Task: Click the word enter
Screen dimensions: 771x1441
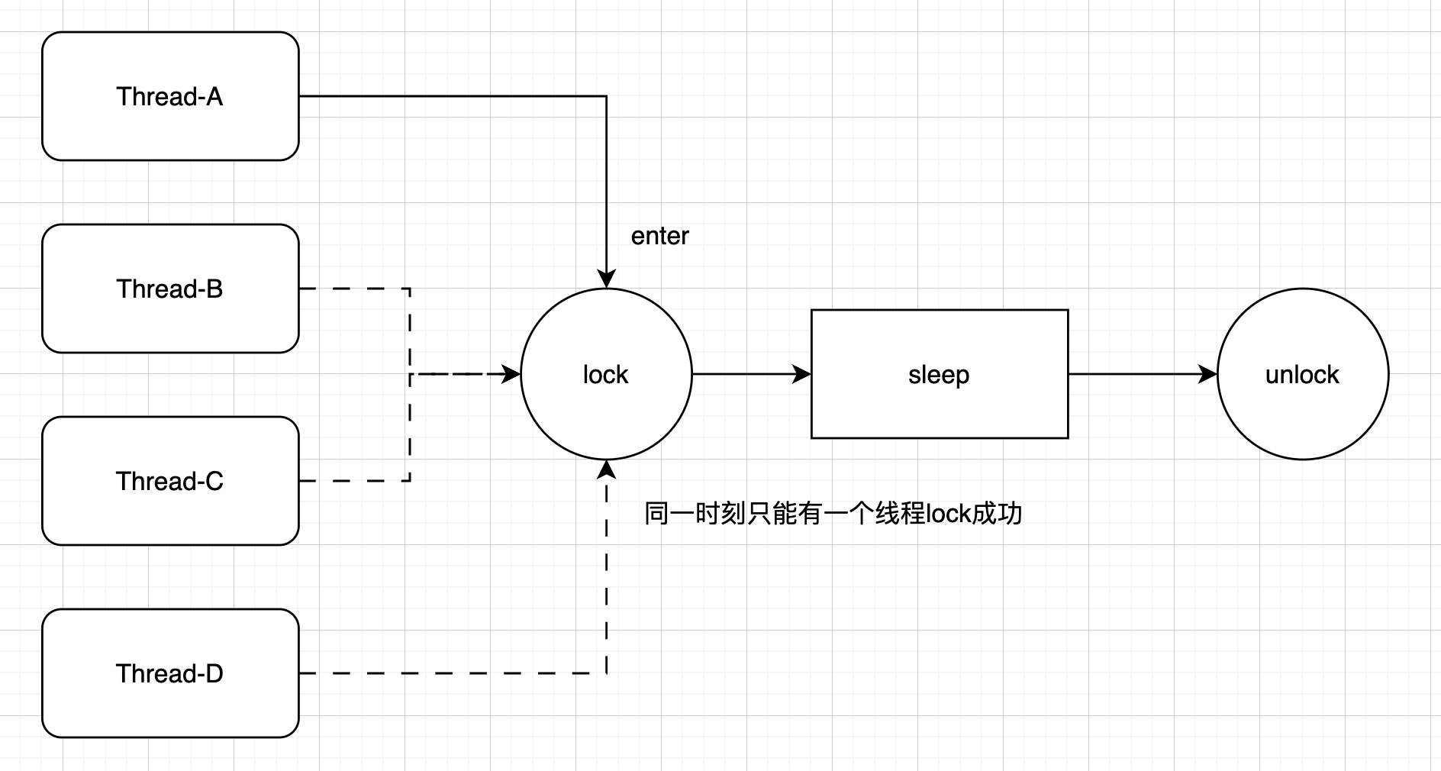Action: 659,236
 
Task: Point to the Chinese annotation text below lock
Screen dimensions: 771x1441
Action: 833,513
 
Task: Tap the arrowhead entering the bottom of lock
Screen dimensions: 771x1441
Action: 606,469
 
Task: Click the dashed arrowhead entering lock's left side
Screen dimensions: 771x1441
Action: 511,374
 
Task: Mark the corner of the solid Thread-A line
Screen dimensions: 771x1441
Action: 606,96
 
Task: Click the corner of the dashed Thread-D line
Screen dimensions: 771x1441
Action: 606,673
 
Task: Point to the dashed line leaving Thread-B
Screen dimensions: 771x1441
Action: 355,289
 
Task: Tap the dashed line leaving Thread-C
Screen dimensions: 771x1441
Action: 355,481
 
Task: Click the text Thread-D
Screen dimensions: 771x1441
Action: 169,673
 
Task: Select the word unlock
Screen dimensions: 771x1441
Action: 1302,374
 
